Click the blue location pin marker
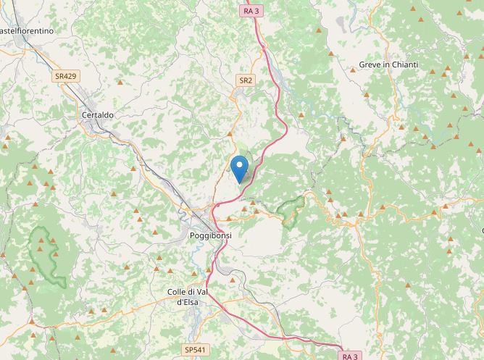coord(239,168)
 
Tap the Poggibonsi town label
coord(209,236)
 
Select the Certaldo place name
coord(98,114)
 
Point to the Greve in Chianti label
coord(388,65)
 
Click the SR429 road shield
coord(65,75)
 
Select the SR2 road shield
coord(246,80)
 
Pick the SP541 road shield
coord(195,350)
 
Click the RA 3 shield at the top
coord(251,11)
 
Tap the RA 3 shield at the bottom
coord(350,356)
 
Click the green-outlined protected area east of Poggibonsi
coord(292,211)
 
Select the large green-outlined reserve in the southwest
coord(47,254)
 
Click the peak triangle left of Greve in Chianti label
coord(331,53)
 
